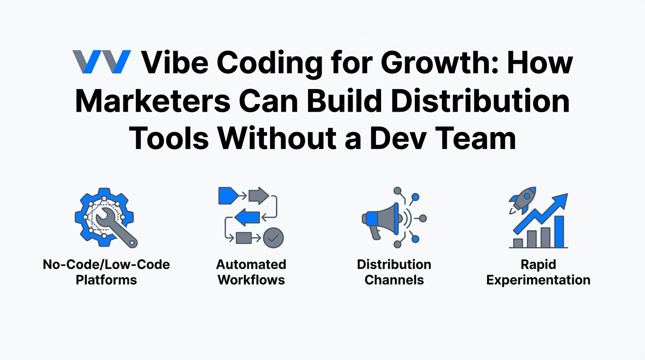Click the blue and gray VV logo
(x=102, y=61)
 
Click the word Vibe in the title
(x=175, y=62)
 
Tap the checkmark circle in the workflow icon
(x=273, y=238)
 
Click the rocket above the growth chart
(x=523, y=200)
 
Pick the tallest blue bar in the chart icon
(x=559, y=232)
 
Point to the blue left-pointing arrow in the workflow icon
(x=247, y=217)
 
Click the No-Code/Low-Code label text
(x=106, y=264)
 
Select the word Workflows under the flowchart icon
(x=251, y=280)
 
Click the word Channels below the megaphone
(x=394, y=280)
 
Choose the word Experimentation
(x=538, y=280)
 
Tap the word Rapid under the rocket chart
(x=538, y=265)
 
